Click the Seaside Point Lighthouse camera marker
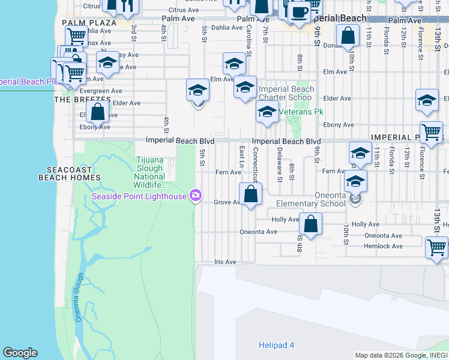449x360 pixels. pyautogui.click(x=195, y=196)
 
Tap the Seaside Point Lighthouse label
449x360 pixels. pyautogui.click(x=139, y=196)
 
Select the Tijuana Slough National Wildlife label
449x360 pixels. pyautogui.click(x=149, y=168)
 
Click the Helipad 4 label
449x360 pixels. pyautogui.click(x=276, y=345)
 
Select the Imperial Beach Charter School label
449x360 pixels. pyautogui.click(x=286, y=93)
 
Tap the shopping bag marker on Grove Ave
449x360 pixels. pyautogui.click(x=250, y=194)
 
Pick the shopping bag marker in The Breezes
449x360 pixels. pyautogui.click(x=97, y=112)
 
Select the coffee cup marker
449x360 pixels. pyautogui.click(x=299, y=11)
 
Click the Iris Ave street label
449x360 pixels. pyautogui.click(x=226, y=262)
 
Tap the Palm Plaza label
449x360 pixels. pyautogui.click(x=89, y=22)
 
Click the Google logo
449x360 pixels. pyautogui.click(x=20, y=353)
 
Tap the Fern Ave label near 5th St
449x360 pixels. pyautogui.click(x=228, y=172)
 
